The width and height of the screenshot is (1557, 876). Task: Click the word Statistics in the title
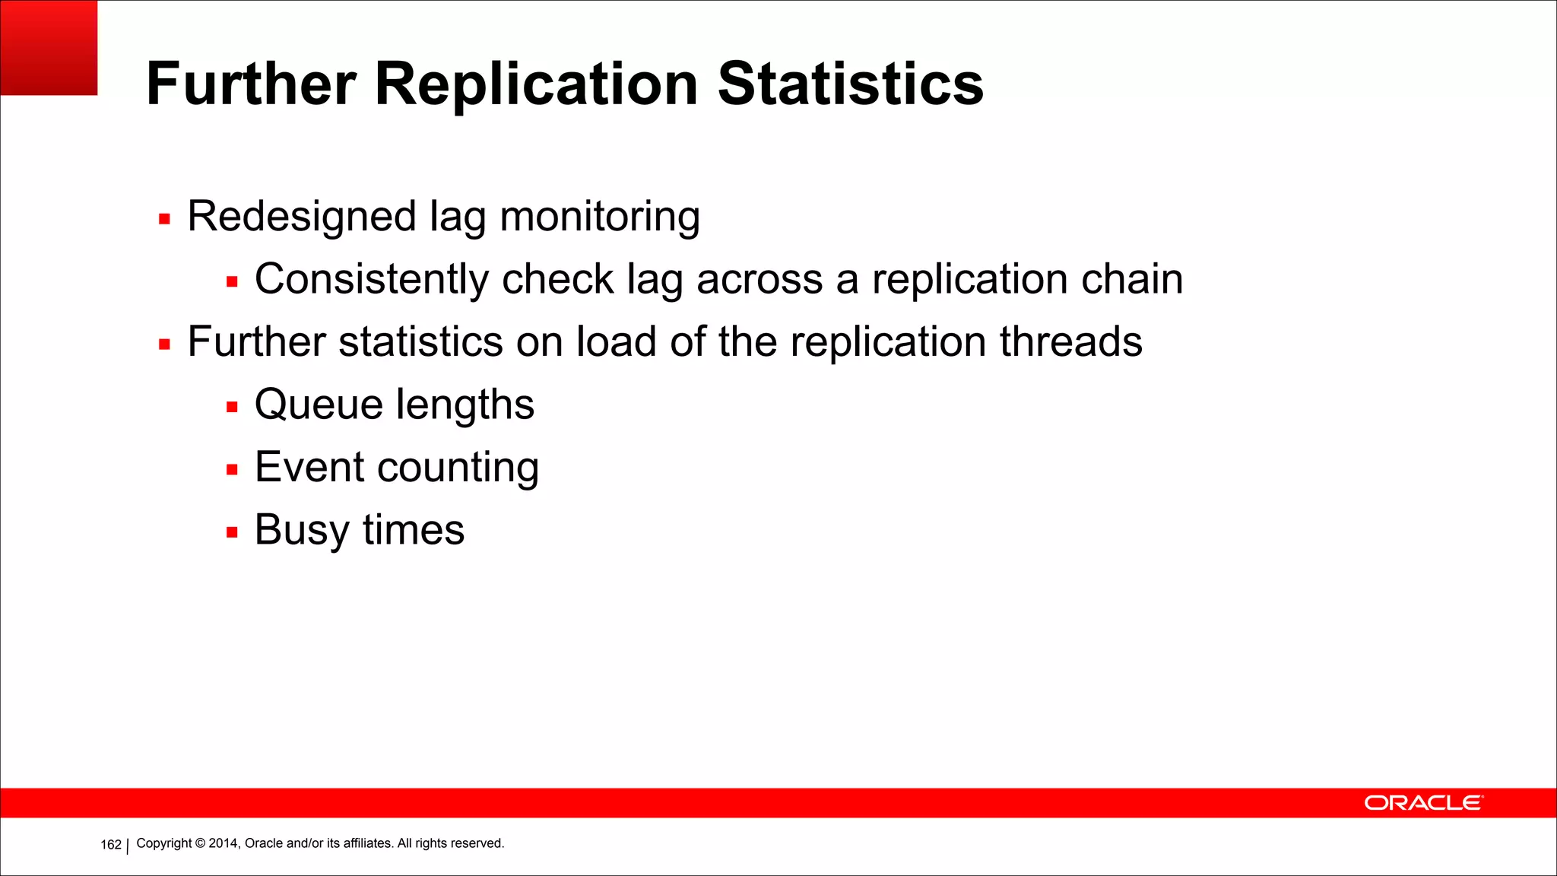[850, 84]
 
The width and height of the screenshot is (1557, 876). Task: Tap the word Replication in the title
[536, 85]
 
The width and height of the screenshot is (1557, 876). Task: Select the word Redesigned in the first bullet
[301, 217]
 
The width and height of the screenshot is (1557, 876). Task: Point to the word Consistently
[370, 280]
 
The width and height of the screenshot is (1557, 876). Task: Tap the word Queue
[319, 405]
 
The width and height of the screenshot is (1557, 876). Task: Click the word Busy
[302, 531]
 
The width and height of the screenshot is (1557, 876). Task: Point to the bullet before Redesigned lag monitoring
[164, 220]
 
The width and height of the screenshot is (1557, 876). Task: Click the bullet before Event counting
[232, 470]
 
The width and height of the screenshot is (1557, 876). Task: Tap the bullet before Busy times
[232, 532]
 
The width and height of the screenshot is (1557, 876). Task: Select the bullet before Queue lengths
[232, 408]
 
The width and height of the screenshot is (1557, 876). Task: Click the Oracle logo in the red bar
[1422, 803]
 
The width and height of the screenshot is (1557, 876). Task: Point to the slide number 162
[111, 845]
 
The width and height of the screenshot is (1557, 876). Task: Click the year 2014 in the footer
[224, 843]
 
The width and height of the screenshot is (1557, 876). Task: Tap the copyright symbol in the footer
[200, 843]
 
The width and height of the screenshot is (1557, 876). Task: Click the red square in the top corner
[49, 47]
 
